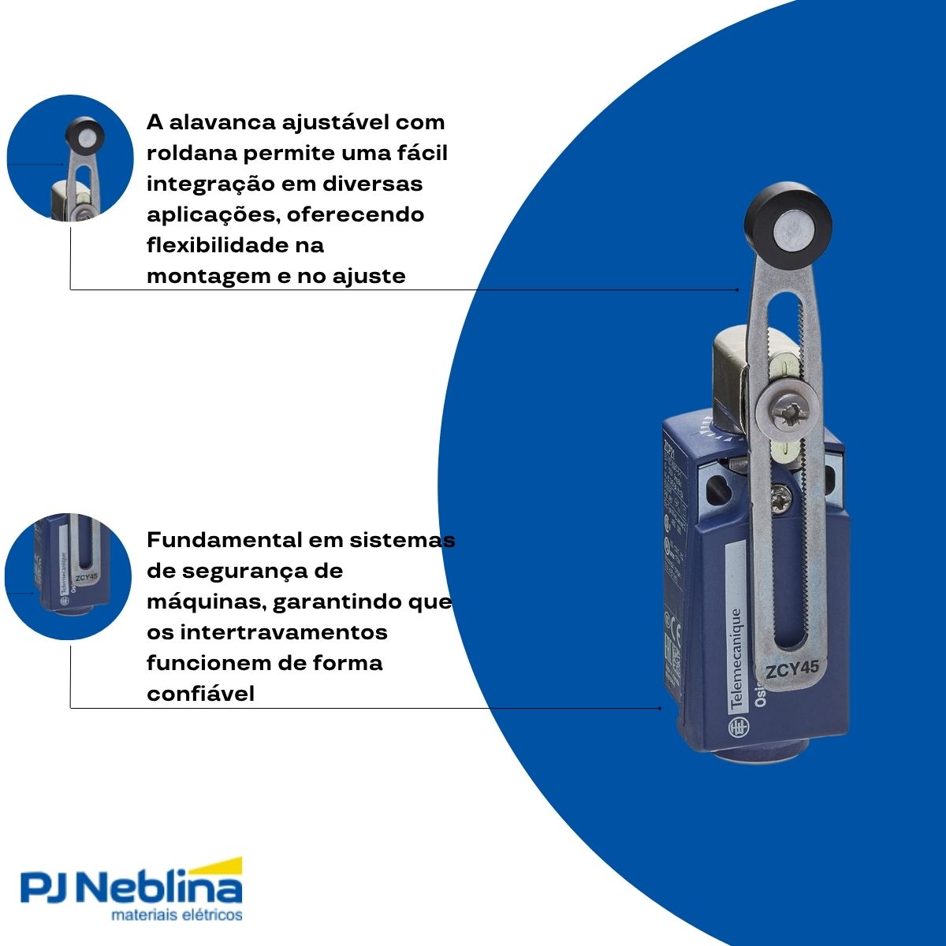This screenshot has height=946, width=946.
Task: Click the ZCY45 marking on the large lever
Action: point(792,669)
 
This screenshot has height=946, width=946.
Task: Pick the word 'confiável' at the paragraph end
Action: point(200,694)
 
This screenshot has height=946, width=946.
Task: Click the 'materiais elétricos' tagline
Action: point(177,916)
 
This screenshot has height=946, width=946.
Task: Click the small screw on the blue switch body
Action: point(784,494)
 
